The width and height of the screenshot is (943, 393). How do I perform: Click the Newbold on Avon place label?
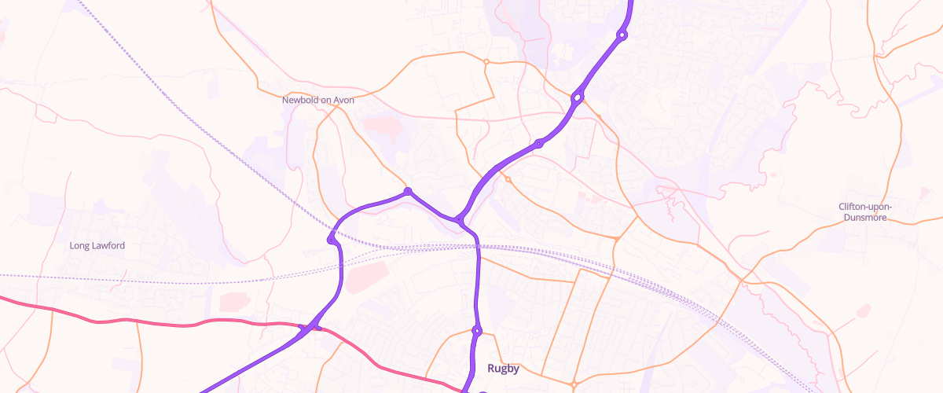coord(318,101)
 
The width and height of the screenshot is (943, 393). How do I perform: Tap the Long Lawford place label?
coord(97,246)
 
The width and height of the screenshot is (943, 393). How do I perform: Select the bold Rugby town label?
coord(504,368)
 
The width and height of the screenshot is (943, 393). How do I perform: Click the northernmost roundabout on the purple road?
coord(622,35)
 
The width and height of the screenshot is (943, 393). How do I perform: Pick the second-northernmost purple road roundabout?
coord(578,98)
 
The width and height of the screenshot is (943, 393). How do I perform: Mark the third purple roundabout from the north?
coord(539,144)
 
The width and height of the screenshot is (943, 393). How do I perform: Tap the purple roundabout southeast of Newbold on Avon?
coord(408,192)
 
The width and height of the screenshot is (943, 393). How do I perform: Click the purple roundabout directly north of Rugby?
coord(476,330)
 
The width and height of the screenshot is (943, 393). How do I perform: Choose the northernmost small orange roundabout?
coord(486,61)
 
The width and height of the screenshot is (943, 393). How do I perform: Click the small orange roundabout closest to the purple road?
coord(508,180)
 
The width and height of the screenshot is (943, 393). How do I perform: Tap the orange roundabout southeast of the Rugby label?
coord(574,384)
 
